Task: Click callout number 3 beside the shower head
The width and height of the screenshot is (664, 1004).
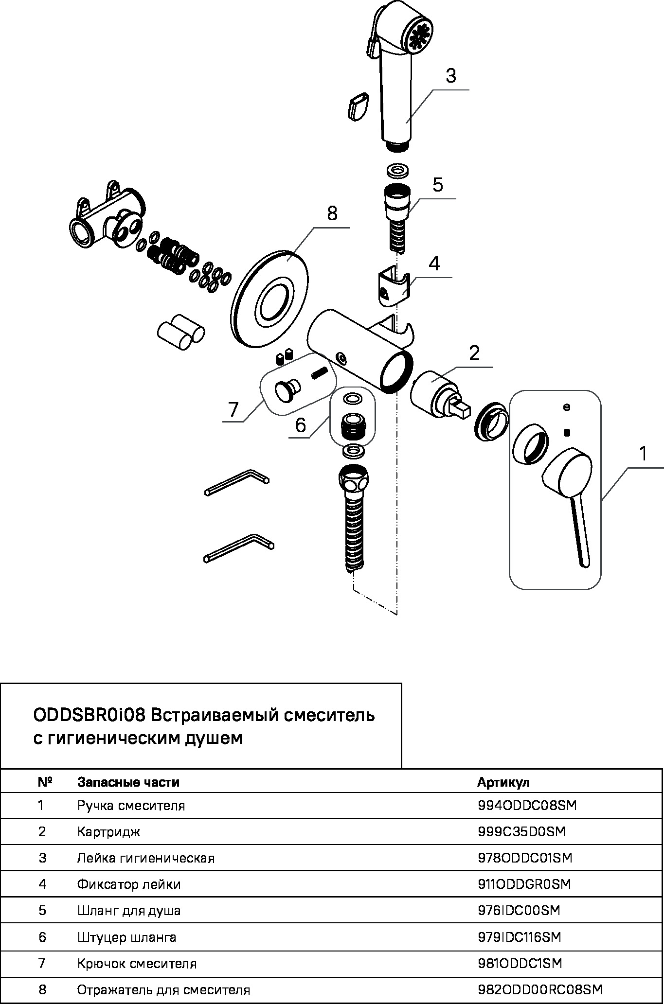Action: (450, 76)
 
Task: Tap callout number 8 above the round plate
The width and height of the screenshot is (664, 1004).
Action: (332, 213)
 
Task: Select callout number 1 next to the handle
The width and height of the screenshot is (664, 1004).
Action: (643, 454)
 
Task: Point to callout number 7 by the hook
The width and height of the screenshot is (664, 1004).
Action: (233, 409)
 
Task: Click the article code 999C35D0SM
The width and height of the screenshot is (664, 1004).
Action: (521, 832)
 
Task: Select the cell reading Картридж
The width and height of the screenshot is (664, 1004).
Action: (108, 832)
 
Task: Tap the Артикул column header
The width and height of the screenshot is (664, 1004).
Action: (503, 782)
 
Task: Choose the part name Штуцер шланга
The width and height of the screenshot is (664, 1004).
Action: (126, 937)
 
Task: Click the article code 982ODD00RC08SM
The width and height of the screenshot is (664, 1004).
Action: (540, 989)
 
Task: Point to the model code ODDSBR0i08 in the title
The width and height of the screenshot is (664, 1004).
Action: (89, 716)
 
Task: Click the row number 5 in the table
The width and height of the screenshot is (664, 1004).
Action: (42, 911)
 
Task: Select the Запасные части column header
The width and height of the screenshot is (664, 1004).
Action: (128, 782)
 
